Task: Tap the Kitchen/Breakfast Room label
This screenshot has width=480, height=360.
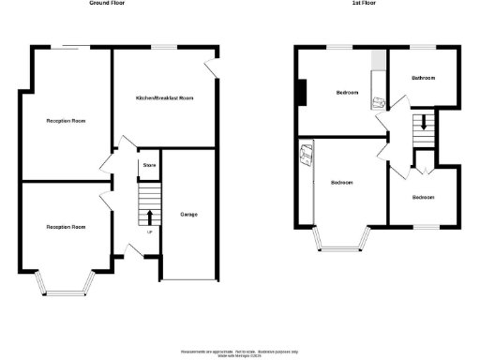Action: click(x=164, y=98)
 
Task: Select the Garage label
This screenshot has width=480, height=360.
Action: click(x=188, y=214)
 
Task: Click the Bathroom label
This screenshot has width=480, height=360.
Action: click(x=424, y=78)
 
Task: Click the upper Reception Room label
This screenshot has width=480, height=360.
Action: click(x=66, y=121)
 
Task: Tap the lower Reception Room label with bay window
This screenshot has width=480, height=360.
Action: click(x=66, y=227)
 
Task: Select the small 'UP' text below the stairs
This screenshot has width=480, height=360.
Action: click(x=149, y=232)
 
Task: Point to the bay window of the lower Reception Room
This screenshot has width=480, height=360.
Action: click(x=66, y=283)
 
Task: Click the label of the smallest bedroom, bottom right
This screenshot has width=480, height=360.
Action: click(x=423, y=197)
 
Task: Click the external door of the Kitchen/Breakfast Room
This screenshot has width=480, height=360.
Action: click(x=212, y=67)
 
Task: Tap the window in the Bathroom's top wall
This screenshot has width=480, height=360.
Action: click(x=425, y=47)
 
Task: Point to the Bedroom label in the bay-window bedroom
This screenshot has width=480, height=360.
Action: click(x=341, y=182)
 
